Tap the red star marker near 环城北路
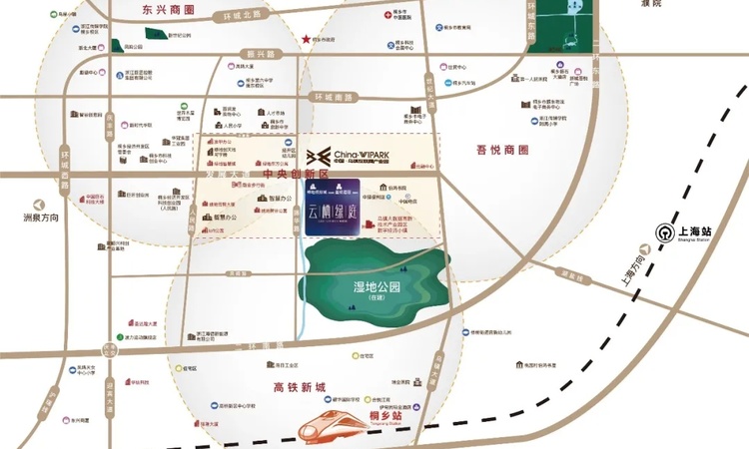click(x=305, y=38)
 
